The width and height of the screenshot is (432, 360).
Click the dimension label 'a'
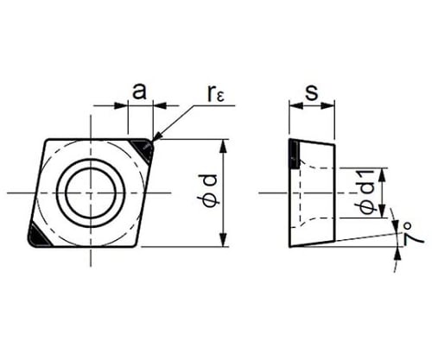[x=139, y=92]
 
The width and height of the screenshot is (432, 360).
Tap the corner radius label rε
[x=214, y=93]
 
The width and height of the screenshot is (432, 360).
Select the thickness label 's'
[x=312, y=92]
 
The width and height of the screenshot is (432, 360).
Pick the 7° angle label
[x=411, y=234]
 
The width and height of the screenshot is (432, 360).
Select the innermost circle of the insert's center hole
[x=91, y=167]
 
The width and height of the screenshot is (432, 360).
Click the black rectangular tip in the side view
[x=295, y=155]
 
